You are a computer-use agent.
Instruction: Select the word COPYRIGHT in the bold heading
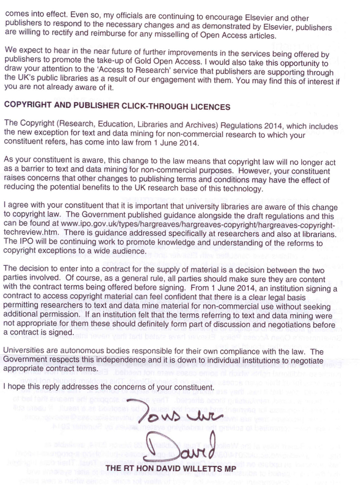coord(26,106)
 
